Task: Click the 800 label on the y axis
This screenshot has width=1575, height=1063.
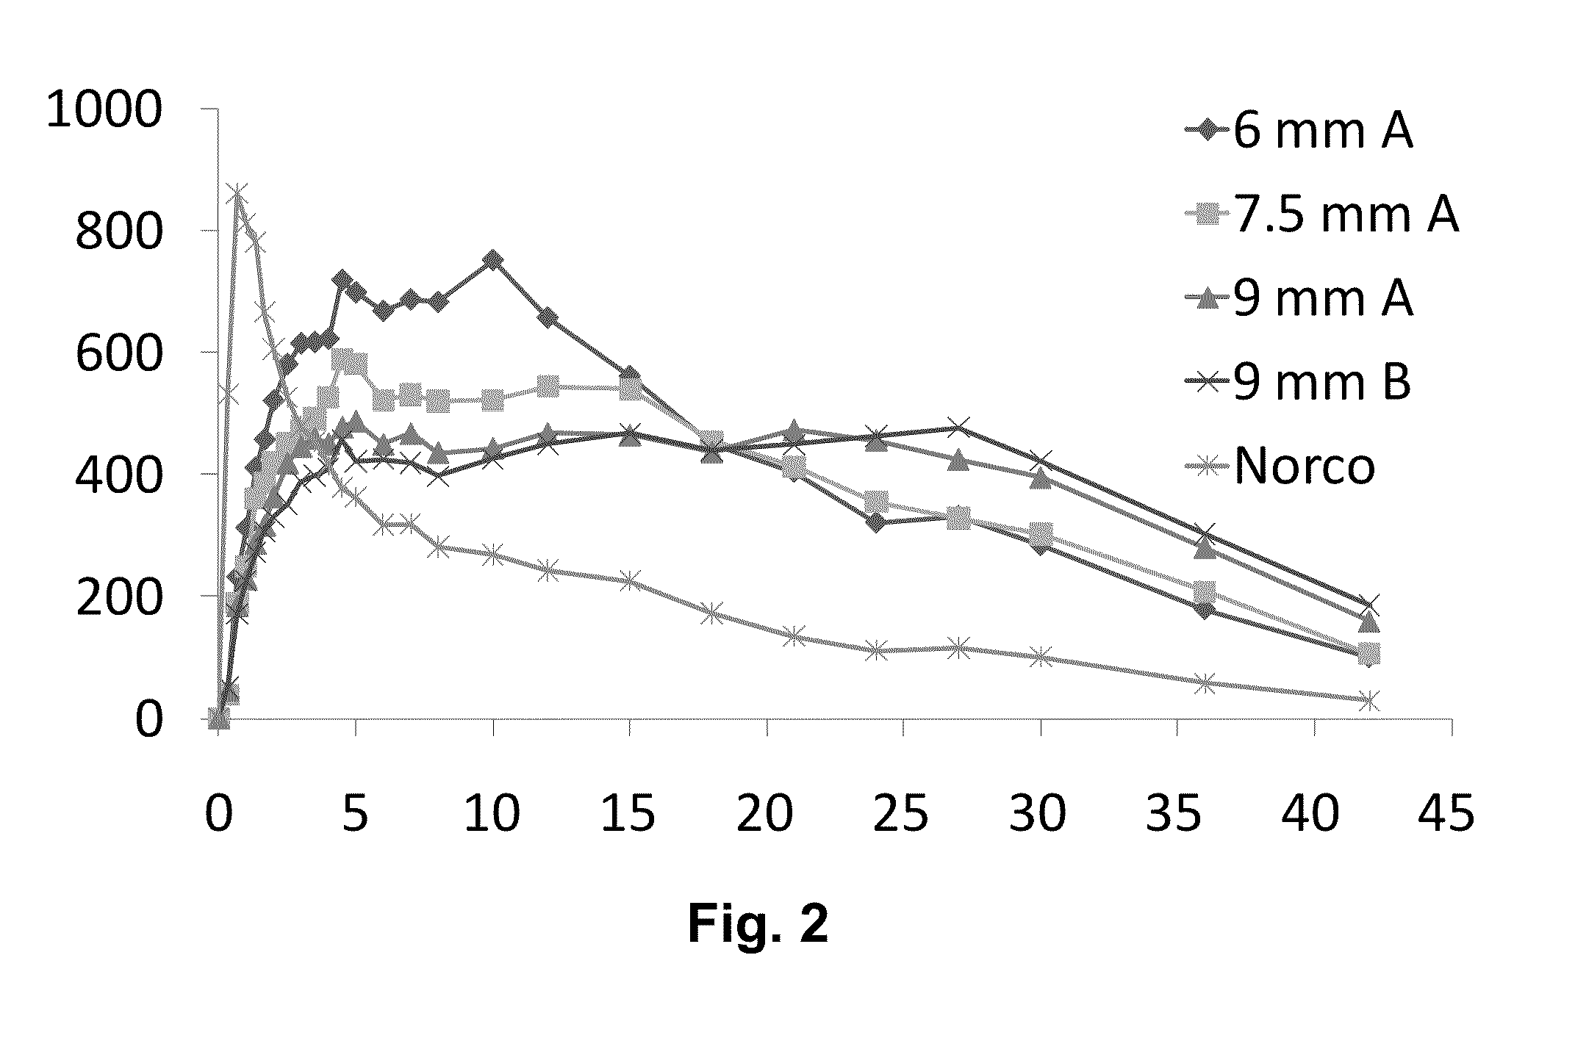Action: click(x=118, y=234)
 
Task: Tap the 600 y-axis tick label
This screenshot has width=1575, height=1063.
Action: click(x=118, y=356)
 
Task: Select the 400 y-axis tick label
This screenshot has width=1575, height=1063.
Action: click(x=118, y=477)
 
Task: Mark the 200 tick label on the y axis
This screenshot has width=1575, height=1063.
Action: click(x=118, y=599)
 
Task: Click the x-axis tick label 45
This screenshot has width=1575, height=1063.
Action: click(x=1449, y=814)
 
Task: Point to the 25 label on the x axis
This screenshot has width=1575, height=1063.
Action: click(x=902, y=814)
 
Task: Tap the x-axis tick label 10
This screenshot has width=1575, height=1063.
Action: click(x=492, y=814)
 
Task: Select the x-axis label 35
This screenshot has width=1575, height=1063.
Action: click(x=1175, y=814)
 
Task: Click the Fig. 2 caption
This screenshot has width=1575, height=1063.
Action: click(x=758, y=923)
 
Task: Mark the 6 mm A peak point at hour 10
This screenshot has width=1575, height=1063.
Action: click(x=492, y=261)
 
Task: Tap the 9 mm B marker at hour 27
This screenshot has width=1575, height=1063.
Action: click(x=957, y=427)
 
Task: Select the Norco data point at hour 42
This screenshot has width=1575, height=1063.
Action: click(x=1368, y=700)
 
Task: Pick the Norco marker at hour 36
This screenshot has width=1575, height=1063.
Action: click(x=1204, y=683)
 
